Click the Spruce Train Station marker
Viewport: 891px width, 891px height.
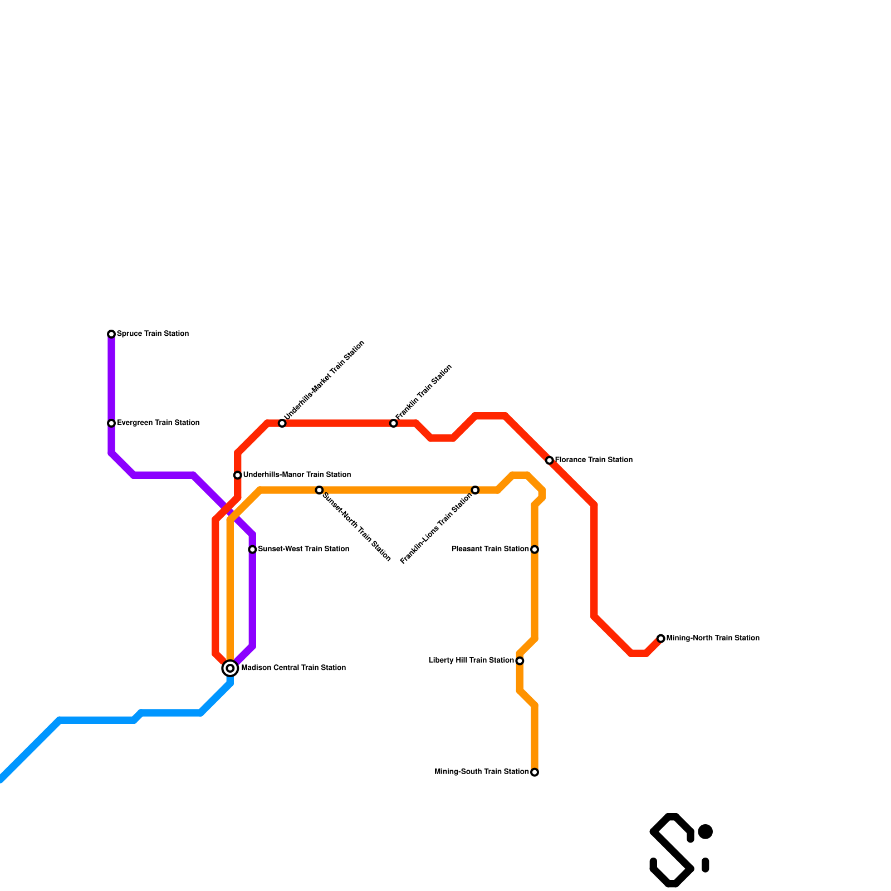(111, 334)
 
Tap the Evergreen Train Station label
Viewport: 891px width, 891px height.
(158, 423)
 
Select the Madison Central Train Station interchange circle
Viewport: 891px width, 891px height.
(230, 668)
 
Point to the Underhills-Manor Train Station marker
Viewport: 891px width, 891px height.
(238, 475)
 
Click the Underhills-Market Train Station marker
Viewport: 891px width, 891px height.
(282, 423)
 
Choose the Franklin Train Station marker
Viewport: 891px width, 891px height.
(394, 423)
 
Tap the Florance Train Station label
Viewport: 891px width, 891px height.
(594, 460)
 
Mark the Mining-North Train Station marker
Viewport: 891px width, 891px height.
(660, 638)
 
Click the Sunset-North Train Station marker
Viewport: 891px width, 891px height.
(319, 490)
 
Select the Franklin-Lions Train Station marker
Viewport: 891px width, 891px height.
(475, 490)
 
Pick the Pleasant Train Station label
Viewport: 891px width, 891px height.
(490, 549)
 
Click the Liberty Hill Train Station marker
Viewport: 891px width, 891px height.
(520, 661)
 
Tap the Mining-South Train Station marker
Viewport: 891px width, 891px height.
(535, 772)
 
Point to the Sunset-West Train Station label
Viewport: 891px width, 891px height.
(303, 549)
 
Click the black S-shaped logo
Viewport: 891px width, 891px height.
(672, 850)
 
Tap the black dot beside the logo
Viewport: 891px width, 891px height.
(705, 832)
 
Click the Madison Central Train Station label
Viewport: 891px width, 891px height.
(293, 668)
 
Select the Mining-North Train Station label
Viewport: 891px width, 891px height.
(713, 638)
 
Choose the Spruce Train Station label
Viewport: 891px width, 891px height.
(153, 334)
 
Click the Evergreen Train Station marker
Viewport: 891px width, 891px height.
(111, 423)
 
